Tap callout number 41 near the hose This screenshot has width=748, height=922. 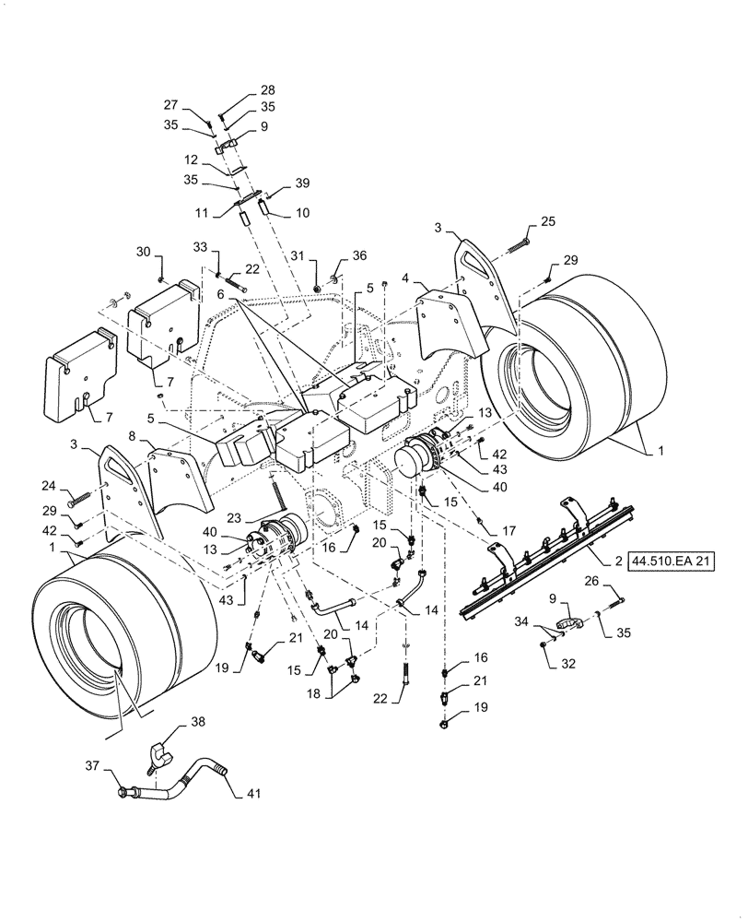[252, 792]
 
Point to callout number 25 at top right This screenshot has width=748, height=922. [547, 221]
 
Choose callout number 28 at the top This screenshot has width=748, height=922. [267, 90]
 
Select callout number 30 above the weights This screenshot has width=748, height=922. [142, 251]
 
